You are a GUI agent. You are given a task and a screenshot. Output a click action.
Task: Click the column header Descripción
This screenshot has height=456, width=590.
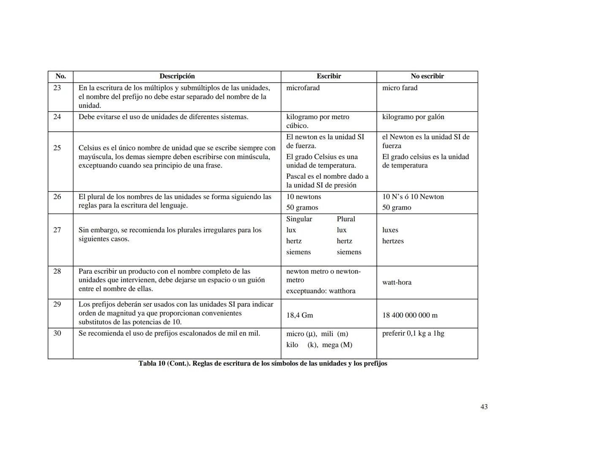point(177,76)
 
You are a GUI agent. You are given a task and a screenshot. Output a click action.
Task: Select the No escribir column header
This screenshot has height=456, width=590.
point(427,76)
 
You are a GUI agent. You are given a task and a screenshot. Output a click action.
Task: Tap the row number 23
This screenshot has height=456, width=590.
point(57,88)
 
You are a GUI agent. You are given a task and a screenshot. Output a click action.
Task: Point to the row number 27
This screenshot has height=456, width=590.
point(57,230)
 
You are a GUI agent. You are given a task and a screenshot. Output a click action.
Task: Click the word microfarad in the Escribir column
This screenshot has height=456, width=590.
point(303,88)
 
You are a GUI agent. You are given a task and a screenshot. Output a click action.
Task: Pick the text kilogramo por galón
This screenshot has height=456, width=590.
point(413,117)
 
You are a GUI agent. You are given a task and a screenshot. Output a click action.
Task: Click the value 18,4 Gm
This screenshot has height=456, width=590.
point(299,315)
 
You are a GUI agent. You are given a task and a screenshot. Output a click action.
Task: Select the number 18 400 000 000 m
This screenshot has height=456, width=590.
point(410,315)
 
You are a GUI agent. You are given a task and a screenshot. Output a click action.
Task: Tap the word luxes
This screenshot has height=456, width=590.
point(390,230)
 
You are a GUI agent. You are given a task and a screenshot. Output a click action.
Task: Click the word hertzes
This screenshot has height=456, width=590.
point(393,241)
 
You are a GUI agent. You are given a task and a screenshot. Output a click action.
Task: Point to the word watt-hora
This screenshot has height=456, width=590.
point(397,282)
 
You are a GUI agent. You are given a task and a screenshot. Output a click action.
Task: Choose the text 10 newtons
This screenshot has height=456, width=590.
point(304,197)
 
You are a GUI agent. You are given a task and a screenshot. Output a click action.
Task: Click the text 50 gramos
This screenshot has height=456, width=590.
point(302,208)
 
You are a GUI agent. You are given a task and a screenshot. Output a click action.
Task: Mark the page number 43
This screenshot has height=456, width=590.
point(484,407)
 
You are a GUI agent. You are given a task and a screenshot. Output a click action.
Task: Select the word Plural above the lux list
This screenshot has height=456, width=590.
point(346,219)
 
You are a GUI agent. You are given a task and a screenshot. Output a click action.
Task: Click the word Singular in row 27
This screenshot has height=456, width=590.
point(299,219)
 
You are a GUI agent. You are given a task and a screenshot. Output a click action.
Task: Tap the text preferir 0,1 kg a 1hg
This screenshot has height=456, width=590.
point(413,334)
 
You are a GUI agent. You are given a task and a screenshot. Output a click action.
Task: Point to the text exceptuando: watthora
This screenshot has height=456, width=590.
point(321,291)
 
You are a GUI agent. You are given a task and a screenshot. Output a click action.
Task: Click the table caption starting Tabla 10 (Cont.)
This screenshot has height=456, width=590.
point(263,364)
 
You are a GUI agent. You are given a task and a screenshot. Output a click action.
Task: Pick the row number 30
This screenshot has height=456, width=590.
point(57,334)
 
